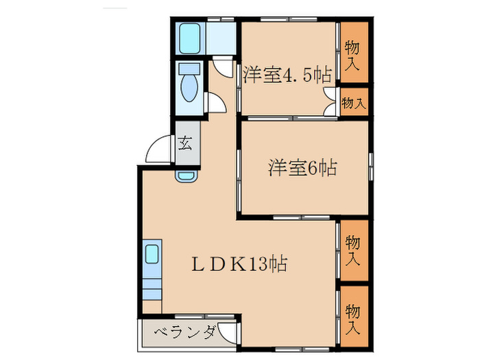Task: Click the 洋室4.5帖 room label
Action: pos(285,74)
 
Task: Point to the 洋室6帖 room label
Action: pos(302,167)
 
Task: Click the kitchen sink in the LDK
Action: pos(152,255)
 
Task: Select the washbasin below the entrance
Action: pos(186,175)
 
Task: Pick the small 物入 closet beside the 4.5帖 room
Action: pos(353,104)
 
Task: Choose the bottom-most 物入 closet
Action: pos(353,318)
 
